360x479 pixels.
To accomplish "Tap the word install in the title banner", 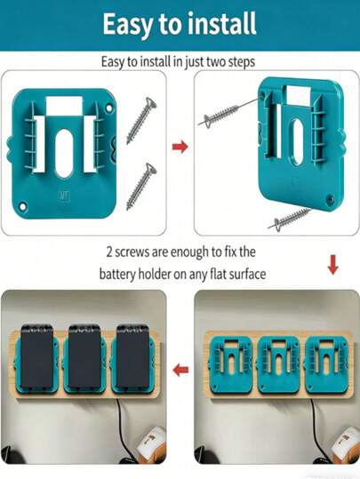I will coord(220,25).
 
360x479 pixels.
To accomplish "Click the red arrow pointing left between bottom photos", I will coord(180,369).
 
